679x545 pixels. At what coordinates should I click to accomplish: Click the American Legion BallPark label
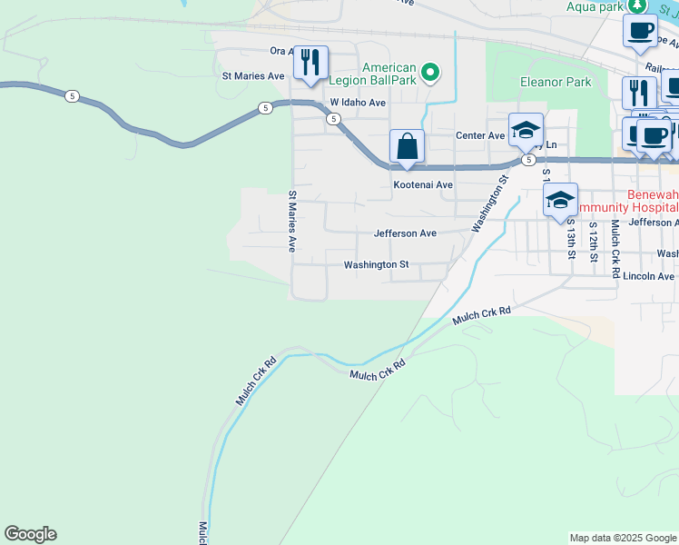389,74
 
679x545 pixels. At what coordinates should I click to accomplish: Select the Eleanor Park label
555,82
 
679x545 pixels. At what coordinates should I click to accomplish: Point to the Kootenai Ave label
422,184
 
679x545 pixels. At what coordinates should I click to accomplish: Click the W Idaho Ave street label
358,103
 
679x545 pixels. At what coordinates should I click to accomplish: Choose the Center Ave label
479,135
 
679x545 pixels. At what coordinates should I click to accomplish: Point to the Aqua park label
595,6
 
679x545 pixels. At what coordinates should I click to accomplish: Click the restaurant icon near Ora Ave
310,62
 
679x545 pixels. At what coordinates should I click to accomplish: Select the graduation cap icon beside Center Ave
525,129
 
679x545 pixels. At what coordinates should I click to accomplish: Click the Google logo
30,534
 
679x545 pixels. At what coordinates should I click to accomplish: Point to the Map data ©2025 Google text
623,538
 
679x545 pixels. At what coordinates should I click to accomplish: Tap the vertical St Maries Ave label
292,221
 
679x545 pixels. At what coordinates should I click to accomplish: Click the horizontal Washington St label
376,265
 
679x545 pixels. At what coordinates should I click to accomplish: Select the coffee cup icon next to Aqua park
640,29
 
